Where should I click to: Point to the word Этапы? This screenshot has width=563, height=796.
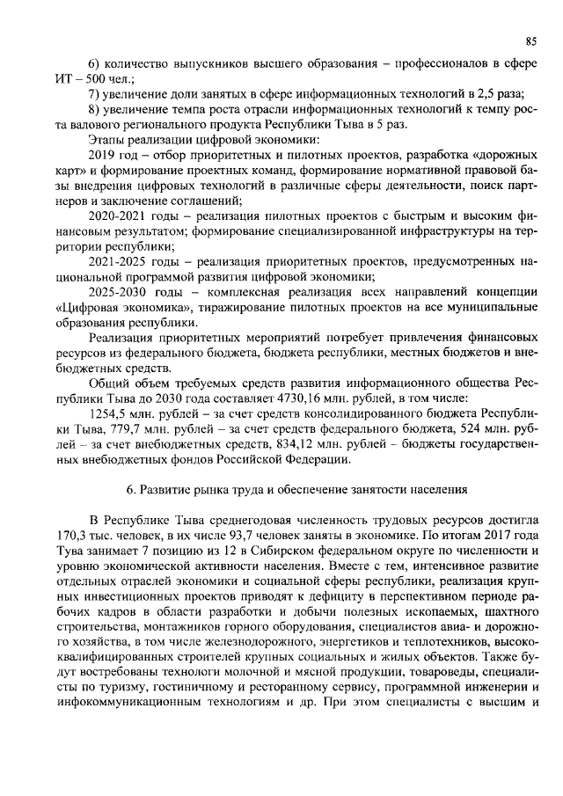[x=109, y=139]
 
